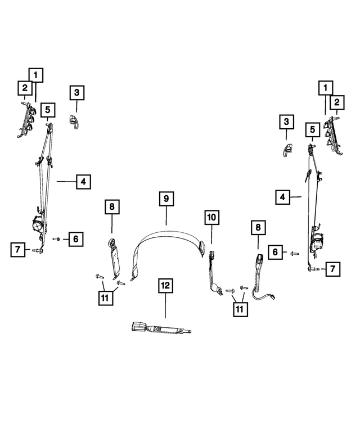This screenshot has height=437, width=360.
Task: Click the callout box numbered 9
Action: coord(166,199)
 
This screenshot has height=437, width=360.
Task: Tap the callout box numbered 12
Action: coord(164,286)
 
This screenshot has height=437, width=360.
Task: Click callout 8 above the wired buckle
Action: coord(258,228)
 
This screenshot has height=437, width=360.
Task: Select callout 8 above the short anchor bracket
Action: coord(111,208)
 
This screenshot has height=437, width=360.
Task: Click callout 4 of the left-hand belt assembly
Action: coord(82,182)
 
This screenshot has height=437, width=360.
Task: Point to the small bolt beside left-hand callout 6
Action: coord(57,239)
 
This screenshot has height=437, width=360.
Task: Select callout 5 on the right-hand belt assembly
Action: coord(310,130)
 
